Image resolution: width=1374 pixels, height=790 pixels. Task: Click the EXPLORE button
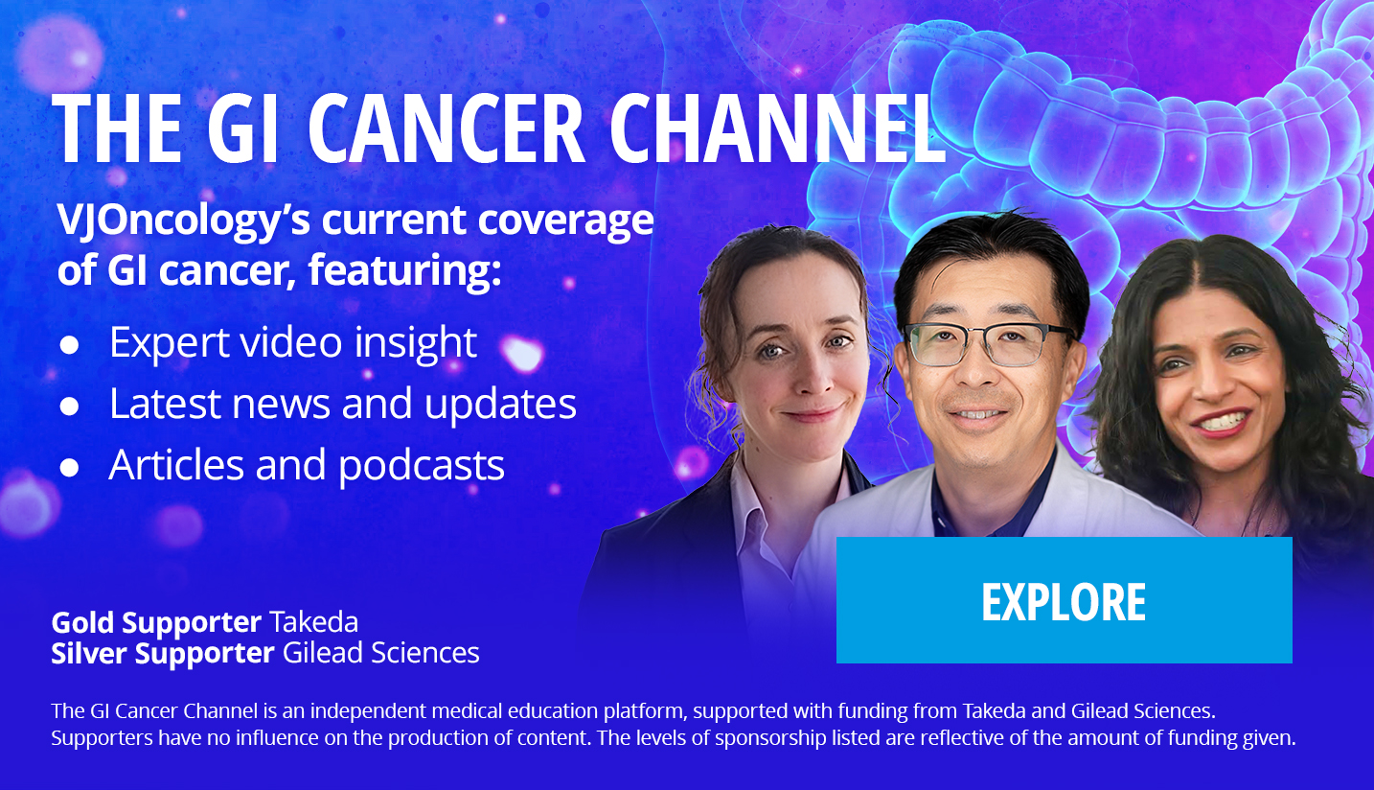(1065, 600)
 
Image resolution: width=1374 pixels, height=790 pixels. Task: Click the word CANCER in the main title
(446, 128)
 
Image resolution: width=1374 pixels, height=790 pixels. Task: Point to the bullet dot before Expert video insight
(69, 345)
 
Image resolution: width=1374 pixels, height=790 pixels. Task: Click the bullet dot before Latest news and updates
(69, 407)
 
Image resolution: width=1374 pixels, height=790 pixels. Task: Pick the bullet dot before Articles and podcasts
(69, 468)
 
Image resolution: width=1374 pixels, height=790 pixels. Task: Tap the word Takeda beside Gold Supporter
(313, 622)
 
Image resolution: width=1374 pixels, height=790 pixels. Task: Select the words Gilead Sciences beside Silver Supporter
(381, 653)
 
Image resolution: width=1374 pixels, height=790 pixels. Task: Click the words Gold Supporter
(156, 623)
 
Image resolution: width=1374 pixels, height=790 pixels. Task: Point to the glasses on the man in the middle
(988, 344)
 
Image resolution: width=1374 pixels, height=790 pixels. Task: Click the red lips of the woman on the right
(1221, 423)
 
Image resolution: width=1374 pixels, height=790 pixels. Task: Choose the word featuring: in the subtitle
(405, 270)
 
